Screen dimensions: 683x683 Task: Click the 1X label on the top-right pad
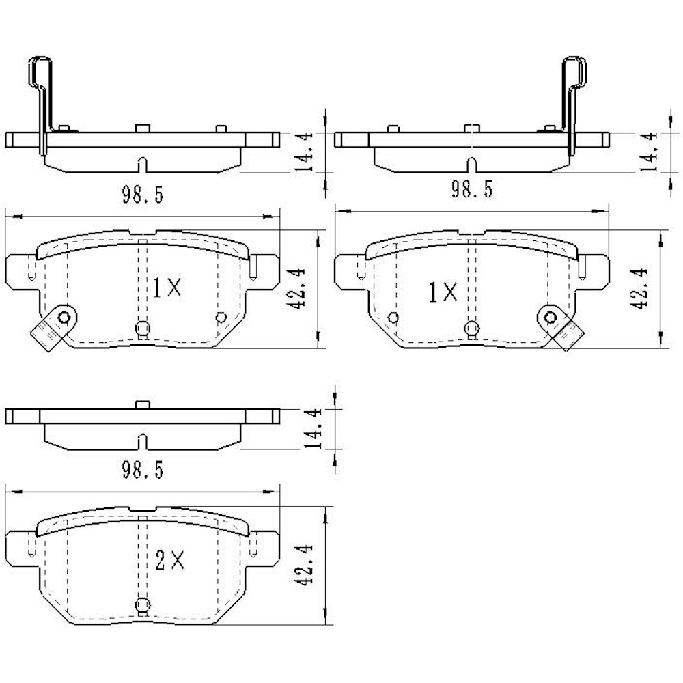tap(442, 293)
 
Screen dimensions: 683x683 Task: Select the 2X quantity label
tap(170, 561)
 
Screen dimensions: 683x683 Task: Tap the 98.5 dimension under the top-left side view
tap(142, 195)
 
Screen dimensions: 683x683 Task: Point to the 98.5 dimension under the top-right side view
tap(471, 189)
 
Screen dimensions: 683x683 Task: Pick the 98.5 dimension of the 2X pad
tap(142, 469)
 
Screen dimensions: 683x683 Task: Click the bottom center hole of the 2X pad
tap(143, 604)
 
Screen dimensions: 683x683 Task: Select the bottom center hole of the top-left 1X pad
tap(142, 329)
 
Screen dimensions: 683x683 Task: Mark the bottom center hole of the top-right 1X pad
tap(471, 329)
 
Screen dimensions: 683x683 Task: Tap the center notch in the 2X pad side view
tap(141, 442)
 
